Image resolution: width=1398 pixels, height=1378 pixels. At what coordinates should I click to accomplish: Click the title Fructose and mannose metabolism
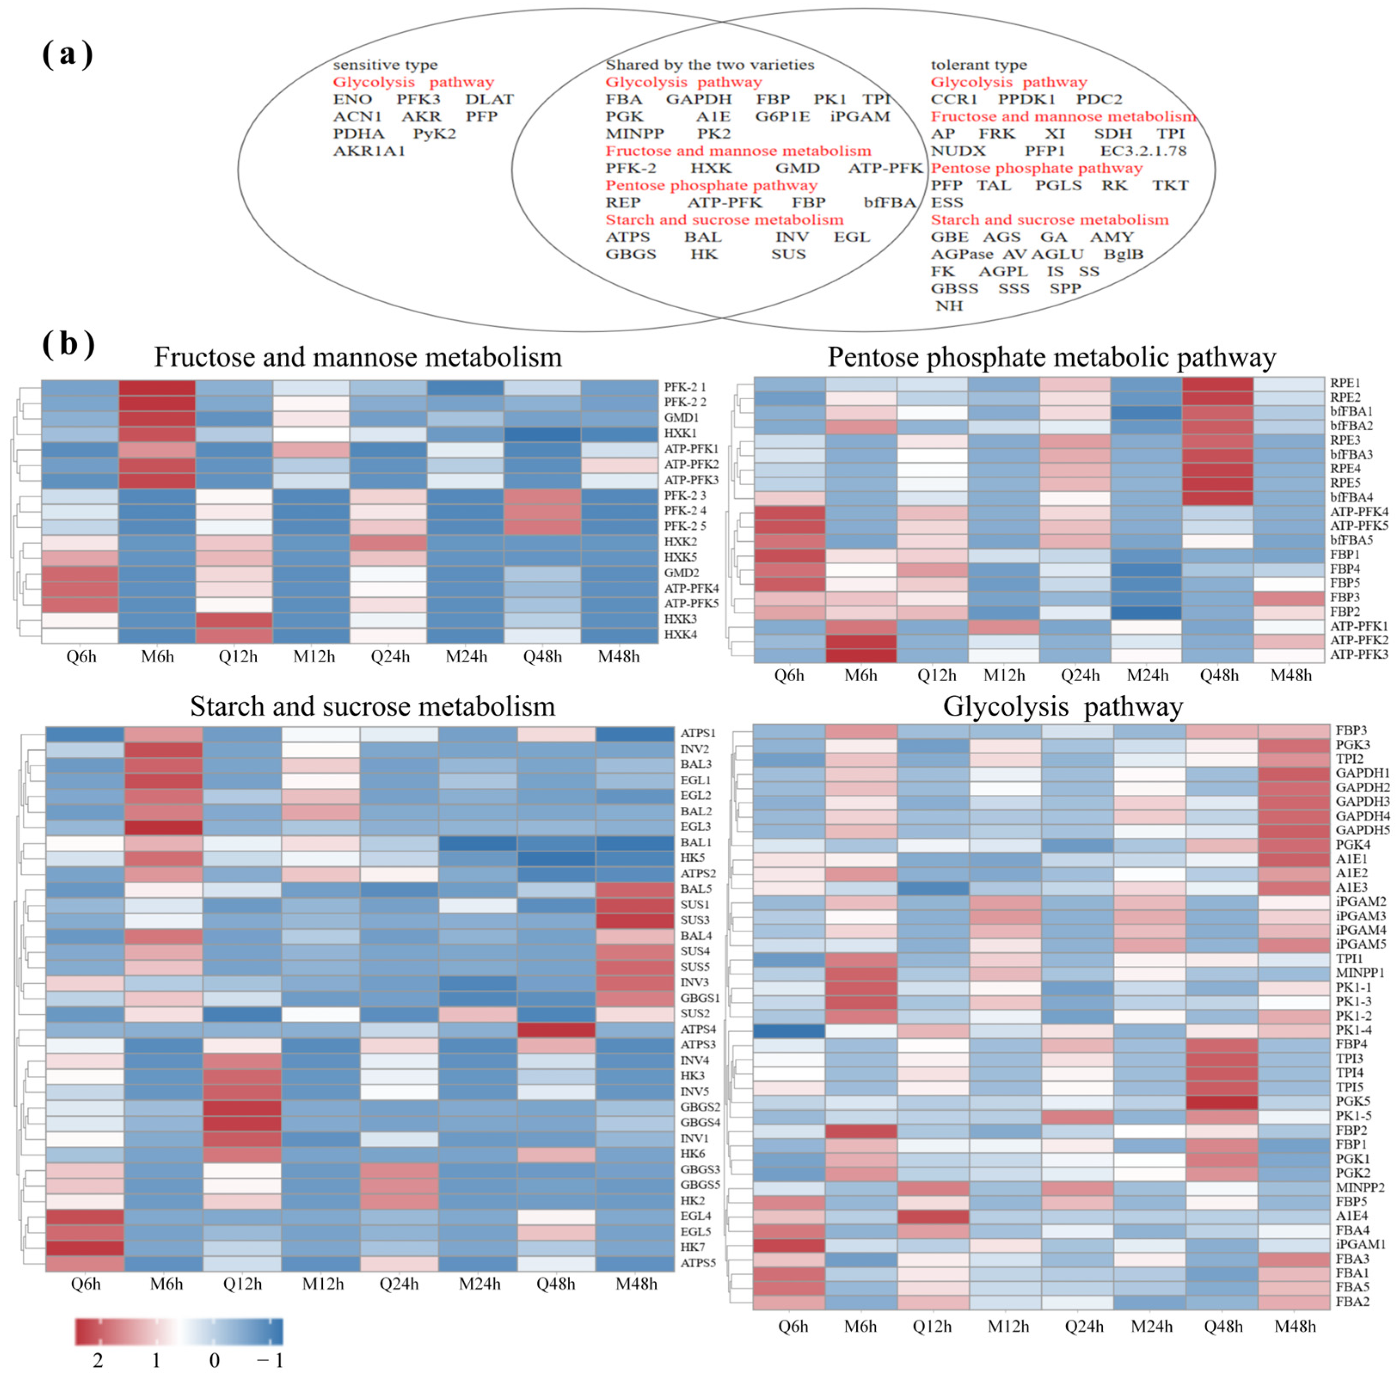coord(358,357)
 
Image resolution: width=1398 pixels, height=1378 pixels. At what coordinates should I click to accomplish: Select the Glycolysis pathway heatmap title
coord(1062,706)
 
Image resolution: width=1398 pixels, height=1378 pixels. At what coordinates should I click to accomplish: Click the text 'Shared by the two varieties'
coord(709,65)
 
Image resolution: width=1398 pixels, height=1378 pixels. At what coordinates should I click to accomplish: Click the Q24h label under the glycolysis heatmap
coord(1083,1326)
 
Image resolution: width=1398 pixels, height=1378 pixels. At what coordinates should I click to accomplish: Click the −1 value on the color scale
coord(270,1361)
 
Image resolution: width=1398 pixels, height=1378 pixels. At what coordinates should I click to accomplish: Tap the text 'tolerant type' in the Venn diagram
coord(978,65)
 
